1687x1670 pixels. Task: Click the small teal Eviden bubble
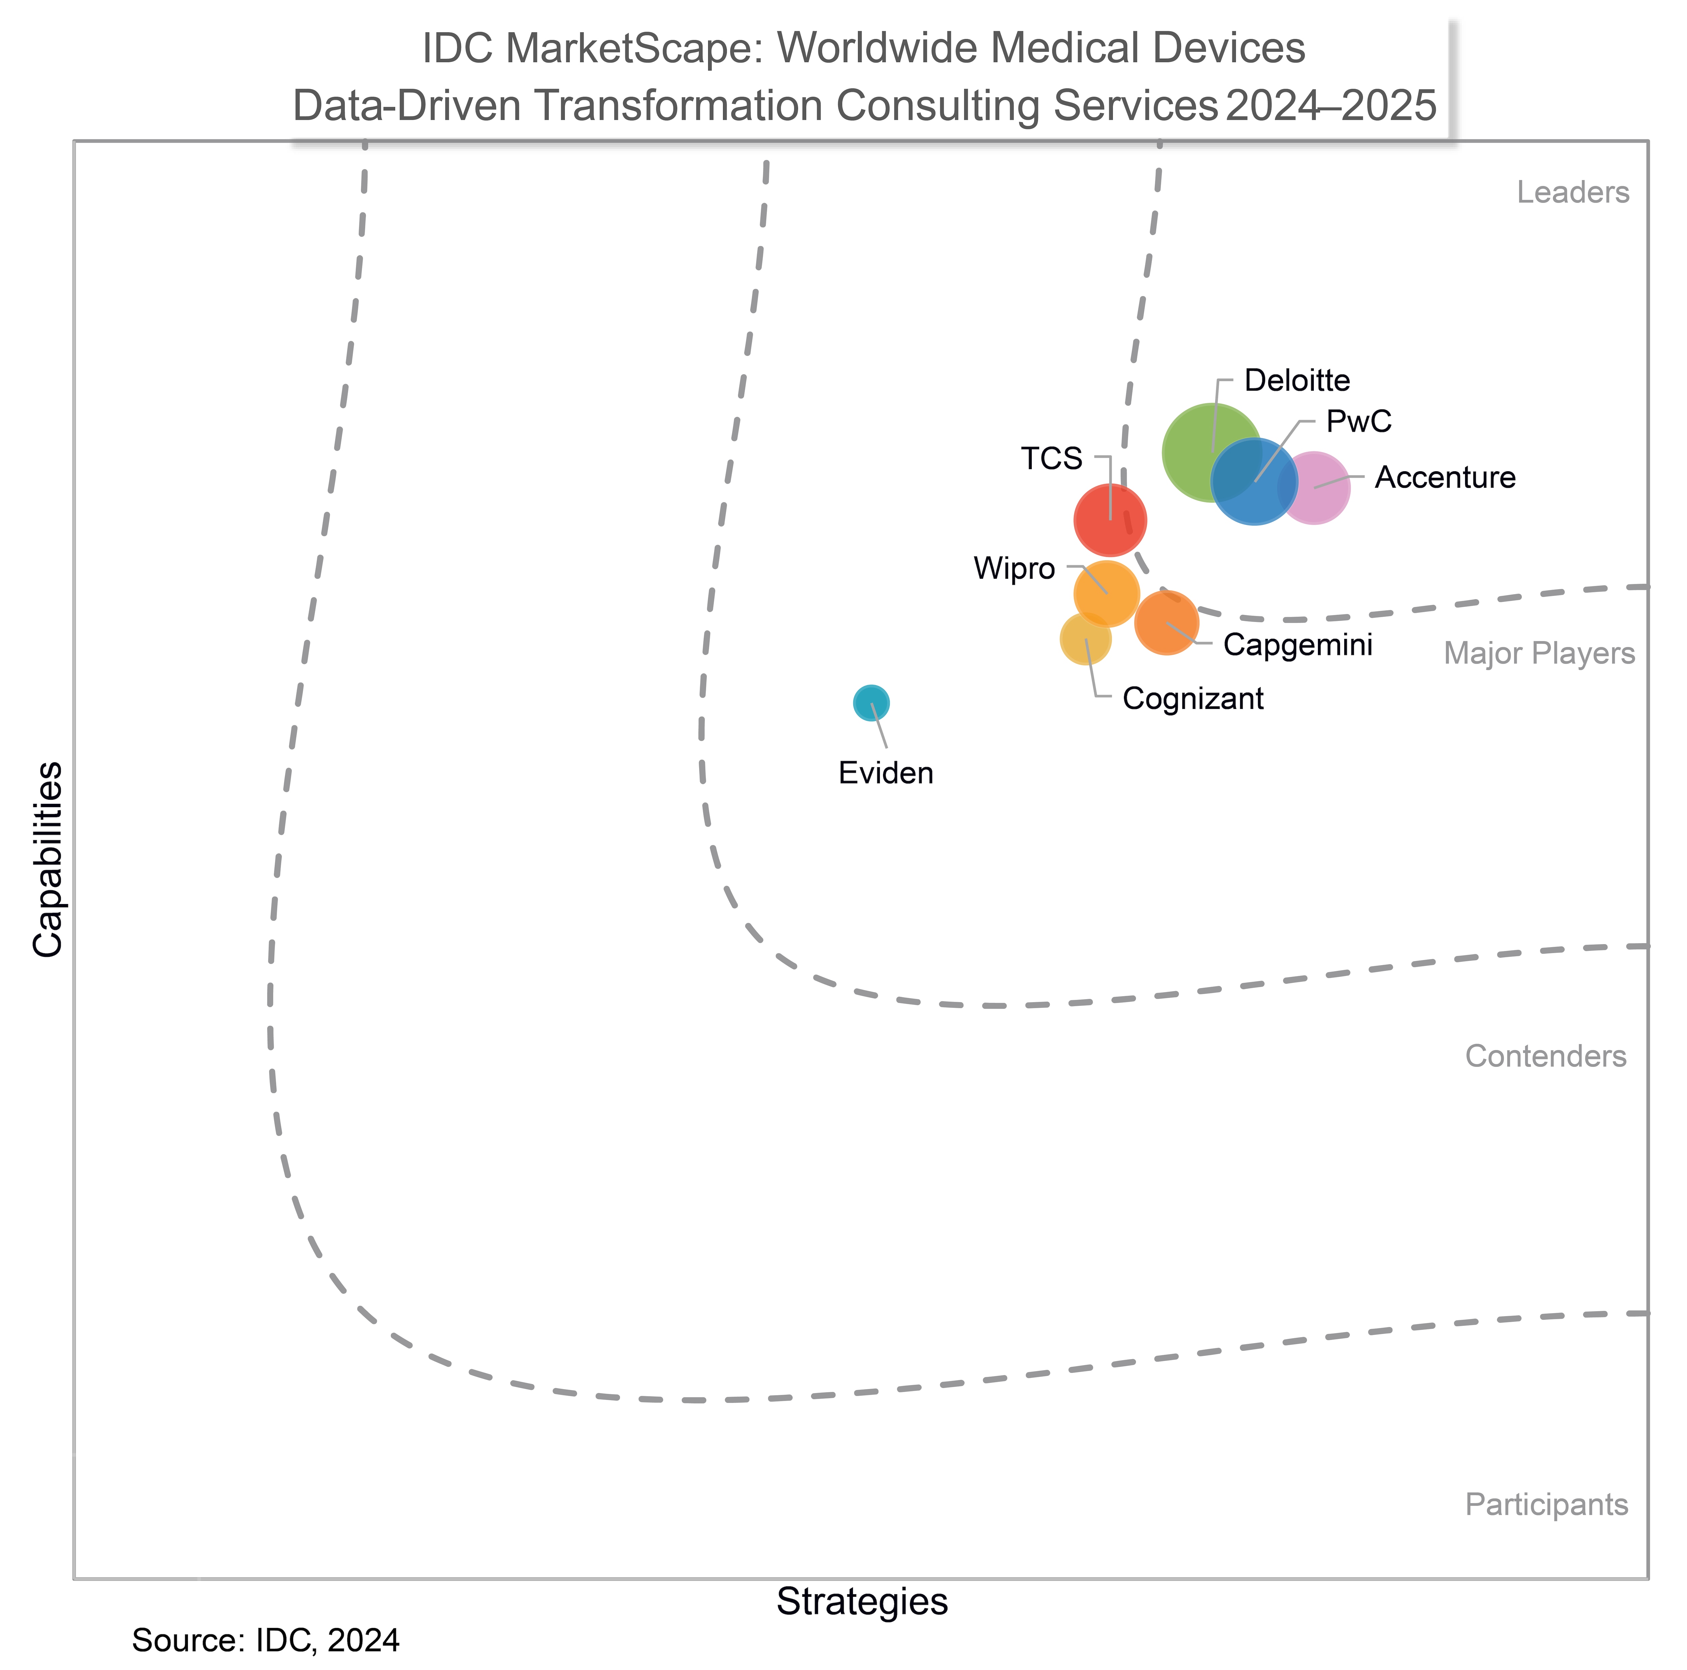pyautogui.click(x=870, y=702)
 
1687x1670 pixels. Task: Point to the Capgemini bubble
pyautogui.click(x=1167, y=622)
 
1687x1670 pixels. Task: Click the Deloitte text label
pyautogui.click(x=1297, y=380)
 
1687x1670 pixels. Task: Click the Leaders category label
pyautogui.click(x=1573, y=193)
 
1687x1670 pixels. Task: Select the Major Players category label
pyautogui.click(x=1539, y=654)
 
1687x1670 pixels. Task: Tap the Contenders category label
pyautogui.click(x=1546, y=1057)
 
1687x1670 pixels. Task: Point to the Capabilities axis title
pyautogui.click(x=48, y=860)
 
